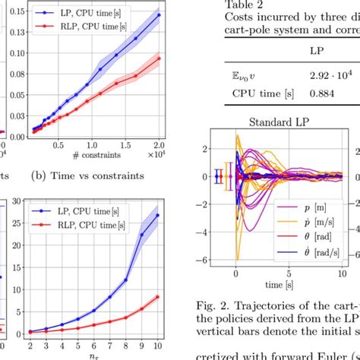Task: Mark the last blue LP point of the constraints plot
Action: click(159, 14)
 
